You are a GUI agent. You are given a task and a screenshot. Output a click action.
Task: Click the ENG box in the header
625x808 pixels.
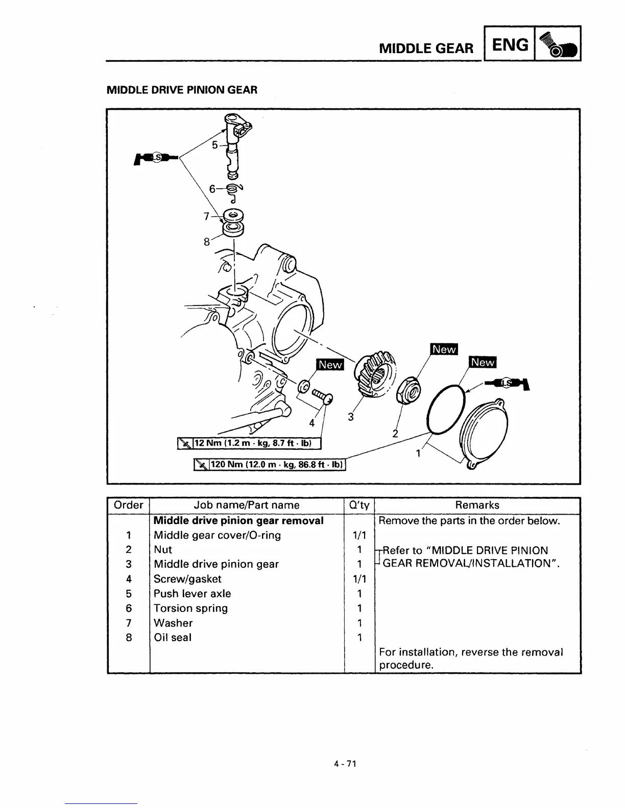click(509, 45)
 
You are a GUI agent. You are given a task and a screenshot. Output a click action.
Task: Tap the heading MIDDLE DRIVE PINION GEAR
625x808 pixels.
click(182, 90)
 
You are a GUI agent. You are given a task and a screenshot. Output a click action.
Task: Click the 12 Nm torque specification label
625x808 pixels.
click(249, 443)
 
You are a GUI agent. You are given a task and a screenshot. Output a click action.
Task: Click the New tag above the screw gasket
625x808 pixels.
click(330, 365)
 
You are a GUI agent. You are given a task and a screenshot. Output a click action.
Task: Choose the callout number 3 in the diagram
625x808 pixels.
click(350, 417)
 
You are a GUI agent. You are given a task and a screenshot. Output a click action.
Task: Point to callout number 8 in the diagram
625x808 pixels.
click(207, 242)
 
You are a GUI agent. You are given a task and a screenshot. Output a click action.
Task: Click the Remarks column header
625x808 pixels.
click(477, 505)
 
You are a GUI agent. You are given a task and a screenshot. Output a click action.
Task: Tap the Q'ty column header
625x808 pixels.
click(359, 505)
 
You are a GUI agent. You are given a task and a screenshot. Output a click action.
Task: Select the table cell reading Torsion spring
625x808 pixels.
click(190, 608)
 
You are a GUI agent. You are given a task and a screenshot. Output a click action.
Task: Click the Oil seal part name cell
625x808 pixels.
click(173, 637)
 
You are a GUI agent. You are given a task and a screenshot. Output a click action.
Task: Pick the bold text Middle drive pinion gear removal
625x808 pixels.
click(238, 520)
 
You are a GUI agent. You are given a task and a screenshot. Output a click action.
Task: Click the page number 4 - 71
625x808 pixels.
click(345, 764)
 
